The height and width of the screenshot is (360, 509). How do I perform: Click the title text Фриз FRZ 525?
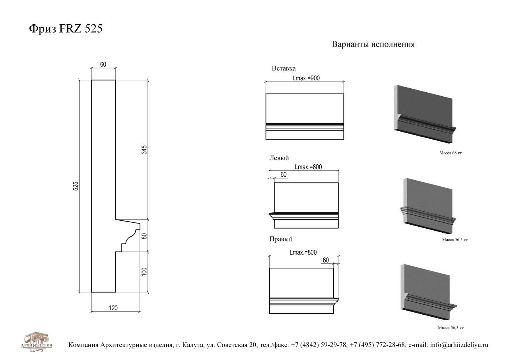(x=66, y=29)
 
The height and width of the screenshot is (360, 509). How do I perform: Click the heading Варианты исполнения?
(x=373, y=44)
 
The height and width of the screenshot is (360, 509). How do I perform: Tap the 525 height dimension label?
(x=76, y=186)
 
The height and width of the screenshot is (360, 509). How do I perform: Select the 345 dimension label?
(x=144, y=150)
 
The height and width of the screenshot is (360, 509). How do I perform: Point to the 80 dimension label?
(x=144, y=236)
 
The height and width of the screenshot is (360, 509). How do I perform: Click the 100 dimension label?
(x=144, y=272)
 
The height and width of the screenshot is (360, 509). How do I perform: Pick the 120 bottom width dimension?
(x=113, y=308)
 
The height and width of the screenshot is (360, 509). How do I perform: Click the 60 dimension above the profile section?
(x=103, y=64)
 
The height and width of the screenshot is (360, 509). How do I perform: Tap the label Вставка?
(x=284, y=68)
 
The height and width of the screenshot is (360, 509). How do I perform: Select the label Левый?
(x=279, y=158)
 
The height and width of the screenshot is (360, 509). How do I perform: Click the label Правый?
(x=281, y=239)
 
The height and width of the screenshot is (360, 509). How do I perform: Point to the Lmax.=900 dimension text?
(x=306, y=78)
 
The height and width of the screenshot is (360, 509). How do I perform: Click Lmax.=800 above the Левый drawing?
(x=308, y=167)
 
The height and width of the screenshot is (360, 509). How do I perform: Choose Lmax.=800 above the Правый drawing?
(x=303, y=253)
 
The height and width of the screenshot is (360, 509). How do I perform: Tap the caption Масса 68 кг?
(x=451, y=153)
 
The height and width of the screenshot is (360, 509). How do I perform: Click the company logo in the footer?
(x=36, y=342)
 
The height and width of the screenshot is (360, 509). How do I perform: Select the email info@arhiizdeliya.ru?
(x=459, y=345)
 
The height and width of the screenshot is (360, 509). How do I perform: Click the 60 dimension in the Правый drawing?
(x=326, y=260)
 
